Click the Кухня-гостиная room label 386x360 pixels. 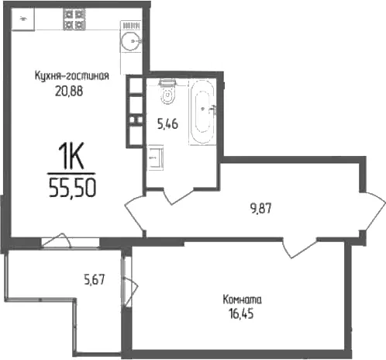72,76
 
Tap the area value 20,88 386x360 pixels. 69,92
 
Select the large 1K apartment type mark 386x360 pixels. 71,156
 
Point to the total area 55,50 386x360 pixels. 72,188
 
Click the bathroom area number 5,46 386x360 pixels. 167,124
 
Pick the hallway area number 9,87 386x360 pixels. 261,209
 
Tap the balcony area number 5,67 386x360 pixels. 95,279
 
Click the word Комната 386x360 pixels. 242,299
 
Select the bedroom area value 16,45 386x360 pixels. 241,313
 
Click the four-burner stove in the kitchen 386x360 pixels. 74,19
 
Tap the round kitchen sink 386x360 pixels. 131,41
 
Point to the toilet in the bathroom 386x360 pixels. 168,92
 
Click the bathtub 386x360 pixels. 202,112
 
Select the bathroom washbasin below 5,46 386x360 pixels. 155,157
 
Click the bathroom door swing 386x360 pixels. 178,197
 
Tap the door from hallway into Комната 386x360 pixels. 300,248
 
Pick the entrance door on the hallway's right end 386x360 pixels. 374,211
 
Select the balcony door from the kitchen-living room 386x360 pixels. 57,240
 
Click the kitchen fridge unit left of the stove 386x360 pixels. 23,19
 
